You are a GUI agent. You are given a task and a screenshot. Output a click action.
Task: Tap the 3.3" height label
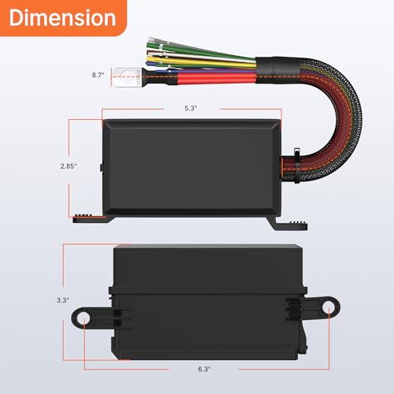63,300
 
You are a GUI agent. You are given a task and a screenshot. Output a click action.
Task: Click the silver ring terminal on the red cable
125,77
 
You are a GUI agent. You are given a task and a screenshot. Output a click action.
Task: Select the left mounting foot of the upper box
91,219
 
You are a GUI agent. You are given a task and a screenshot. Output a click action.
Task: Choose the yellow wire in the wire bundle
197,63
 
